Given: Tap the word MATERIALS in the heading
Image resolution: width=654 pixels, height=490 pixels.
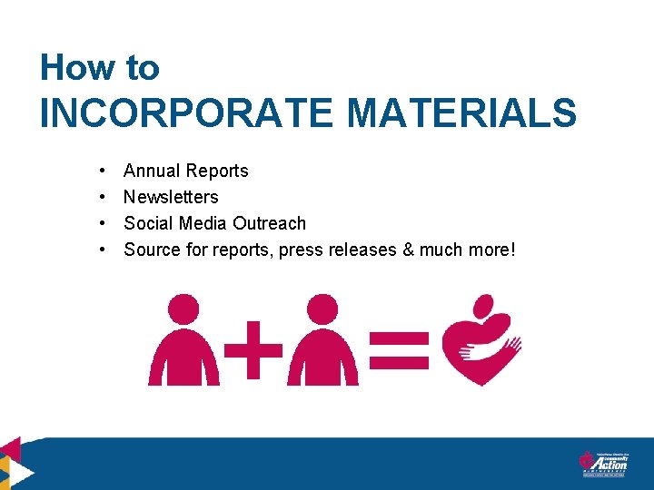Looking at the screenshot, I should click(461, 114).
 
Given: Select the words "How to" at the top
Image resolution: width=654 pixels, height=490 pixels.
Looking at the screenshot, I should click(100, 68).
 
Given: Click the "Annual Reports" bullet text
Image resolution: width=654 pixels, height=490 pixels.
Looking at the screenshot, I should click(185, 171).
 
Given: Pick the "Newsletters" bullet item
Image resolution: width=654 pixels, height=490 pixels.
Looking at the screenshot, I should click(171, 197).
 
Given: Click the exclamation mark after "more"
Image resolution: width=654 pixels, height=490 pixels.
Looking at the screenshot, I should click(512, 250).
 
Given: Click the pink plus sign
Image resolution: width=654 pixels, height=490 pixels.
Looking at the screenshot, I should click(252, 350).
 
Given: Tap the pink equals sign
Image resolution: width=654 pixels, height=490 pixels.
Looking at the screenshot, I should click(399, 350).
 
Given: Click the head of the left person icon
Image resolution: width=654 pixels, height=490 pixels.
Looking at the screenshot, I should click(184, 309).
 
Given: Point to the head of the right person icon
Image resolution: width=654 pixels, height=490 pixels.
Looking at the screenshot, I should click(322, 309).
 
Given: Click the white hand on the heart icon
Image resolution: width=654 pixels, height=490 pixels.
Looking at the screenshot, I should click(509, 345).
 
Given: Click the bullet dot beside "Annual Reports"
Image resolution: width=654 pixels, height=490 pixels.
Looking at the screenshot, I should click(105, 171).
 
